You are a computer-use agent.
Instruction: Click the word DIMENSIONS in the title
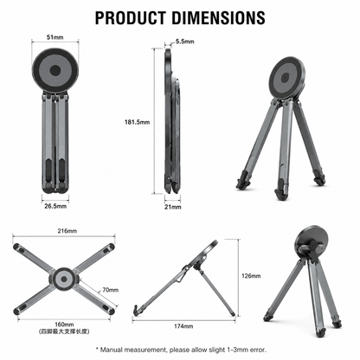pos(219,17)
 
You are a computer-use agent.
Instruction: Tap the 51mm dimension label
pos(55,37)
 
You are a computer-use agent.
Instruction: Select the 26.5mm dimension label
pos(55,206)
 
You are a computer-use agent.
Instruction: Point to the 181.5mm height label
pos(137,122)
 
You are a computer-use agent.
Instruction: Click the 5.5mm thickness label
pos(185,42)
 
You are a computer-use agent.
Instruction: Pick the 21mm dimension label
pos(173,207)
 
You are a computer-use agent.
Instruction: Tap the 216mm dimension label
pos(67,231)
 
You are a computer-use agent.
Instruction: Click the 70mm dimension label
pos(110,290)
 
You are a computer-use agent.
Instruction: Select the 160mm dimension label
pos(64,325)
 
